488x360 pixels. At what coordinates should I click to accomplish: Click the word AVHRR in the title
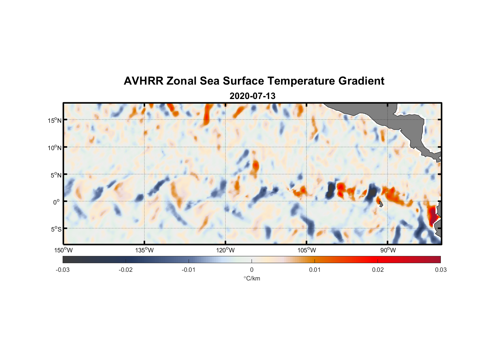143,81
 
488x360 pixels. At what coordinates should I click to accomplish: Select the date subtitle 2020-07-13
252,96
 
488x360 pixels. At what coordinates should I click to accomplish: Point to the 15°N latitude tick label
55,120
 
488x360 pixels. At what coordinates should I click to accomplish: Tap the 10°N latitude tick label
55,148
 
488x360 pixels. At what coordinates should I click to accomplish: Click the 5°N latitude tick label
56,175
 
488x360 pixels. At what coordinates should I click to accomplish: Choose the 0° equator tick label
57,202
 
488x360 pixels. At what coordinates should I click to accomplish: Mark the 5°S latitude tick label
56,229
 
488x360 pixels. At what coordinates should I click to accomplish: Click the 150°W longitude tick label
64,250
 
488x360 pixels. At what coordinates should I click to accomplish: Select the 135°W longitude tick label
145,250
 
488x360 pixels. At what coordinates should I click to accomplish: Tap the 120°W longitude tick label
226,250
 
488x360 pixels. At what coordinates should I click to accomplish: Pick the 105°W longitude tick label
307,250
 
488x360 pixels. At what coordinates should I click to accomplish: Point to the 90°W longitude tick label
388,250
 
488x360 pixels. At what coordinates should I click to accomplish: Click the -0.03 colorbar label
63,270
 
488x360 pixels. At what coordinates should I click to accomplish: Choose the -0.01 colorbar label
189,270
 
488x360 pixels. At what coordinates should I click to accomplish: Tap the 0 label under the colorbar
252,270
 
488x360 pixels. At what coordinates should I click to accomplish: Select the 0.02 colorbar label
378,270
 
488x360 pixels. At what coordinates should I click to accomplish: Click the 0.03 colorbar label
440,270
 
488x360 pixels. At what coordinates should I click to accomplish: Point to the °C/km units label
252,278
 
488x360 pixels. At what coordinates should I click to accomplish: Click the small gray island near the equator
380,204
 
